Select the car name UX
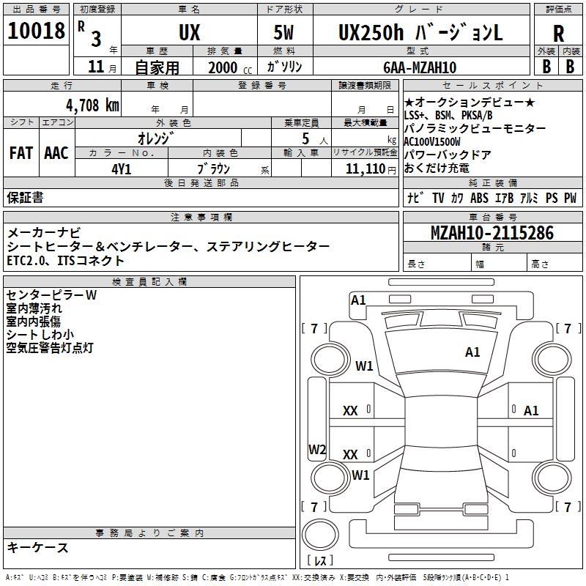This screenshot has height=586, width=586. point(189,34)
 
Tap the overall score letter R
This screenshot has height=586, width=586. point(558,34)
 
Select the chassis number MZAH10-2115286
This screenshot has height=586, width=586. point(492,234)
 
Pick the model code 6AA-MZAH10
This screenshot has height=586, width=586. point(420,67)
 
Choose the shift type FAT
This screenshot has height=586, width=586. point(21,153)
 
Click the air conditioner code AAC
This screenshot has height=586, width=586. point(56,153)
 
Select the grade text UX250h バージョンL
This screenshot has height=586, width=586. point(420,34)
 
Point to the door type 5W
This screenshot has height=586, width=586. point(283,34)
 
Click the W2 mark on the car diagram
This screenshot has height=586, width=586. point(317,449)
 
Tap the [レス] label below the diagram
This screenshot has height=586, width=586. point(320,562)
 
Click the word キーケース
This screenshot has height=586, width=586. point(38,547)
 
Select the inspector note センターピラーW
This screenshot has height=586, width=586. point(51,295)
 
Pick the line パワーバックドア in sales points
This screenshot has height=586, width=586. point(448,155)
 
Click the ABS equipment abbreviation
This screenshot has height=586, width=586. point(479,198)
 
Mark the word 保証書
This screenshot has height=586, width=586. point(25,198)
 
